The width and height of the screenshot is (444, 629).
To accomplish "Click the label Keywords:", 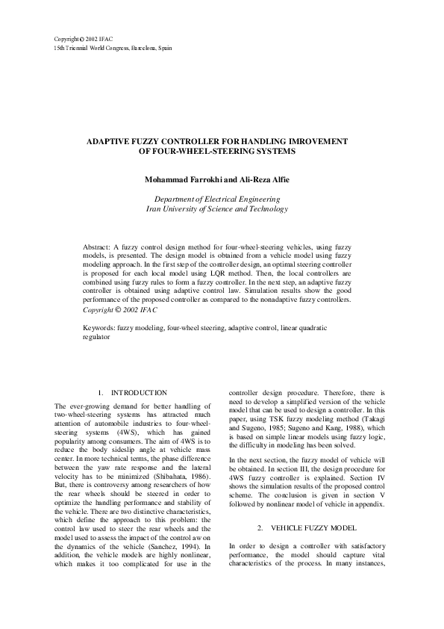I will [x=99, y=328].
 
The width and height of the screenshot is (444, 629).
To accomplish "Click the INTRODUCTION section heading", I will [x=139, y=393].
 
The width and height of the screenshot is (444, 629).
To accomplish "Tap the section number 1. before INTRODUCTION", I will [x=101, y=393].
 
